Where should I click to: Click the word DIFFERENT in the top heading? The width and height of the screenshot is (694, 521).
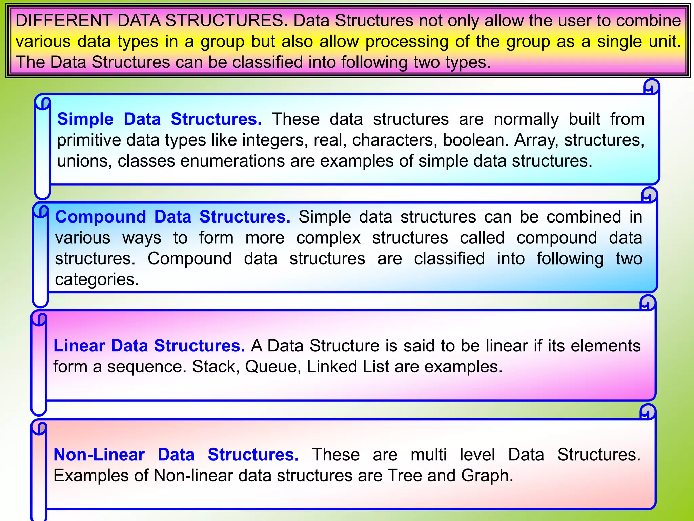(x=64, y=21)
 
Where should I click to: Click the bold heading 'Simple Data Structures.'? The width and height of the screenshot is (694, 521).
(x=159, y=119)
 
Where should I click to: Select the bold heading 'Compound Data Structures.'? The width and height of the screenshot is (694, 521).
(x=172, y=217)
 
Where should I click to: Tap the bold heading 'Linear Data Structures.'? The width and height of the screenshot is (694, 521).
(x=149, y=346)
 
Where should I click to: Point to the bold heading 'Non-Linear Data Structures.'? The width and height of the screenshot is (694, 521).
(x=176, y=455)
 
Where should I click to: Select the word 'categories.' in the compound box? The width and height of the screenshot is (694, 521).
(x=97, y=280)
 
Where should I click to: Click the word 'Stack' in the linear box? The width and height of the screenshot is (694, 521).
(x=213, y=367)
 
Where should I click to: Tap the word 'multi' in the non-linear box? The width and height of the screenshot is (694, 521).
(x=429, y=455)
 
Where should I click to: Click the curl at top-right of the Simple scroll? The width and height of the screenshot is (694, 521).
(x=651, y=87)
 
